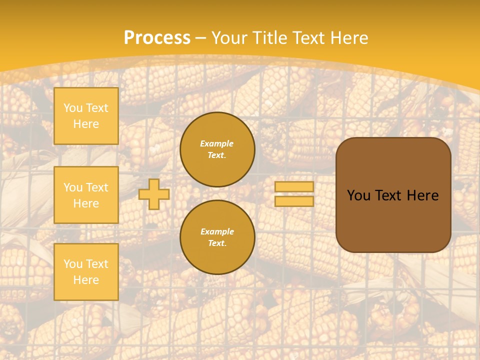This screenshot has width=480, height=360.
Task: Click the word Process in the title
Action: coord(157,38)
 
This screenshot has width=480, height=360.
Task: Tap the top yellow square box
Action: coord(86,116)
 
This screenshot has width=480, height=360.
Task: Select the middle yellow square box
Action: coord(86,195)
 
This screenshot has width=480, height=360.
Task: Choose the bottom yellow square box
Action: coord(86,271)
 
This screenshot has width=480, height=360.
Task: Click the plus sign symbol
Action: coord(154,194)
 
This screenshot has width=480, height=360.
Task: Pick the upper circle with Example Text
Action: coord(217,149)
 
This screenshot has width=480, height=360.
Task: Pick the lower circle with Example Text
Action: coord(217,237)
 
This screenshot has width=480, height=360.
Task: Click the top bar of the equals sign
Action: coord(294,187)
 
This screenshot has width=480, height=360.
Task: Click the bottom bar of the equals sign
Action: coord(294,201)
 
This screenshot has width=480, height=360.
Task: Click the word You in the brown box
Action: coord(358,195)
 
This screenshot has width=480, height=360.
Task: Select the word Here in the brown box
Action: coord(423,195)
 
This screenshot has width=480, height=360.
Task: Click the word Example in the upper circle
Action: coord(217,143)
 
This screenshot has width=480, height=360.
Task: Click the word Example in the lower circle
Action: coord(217,231)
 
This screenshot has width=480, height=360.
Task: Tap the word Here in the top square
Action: coord(86,124)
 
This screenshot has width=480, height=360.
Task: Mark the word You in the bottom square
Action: coord(73,263)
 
